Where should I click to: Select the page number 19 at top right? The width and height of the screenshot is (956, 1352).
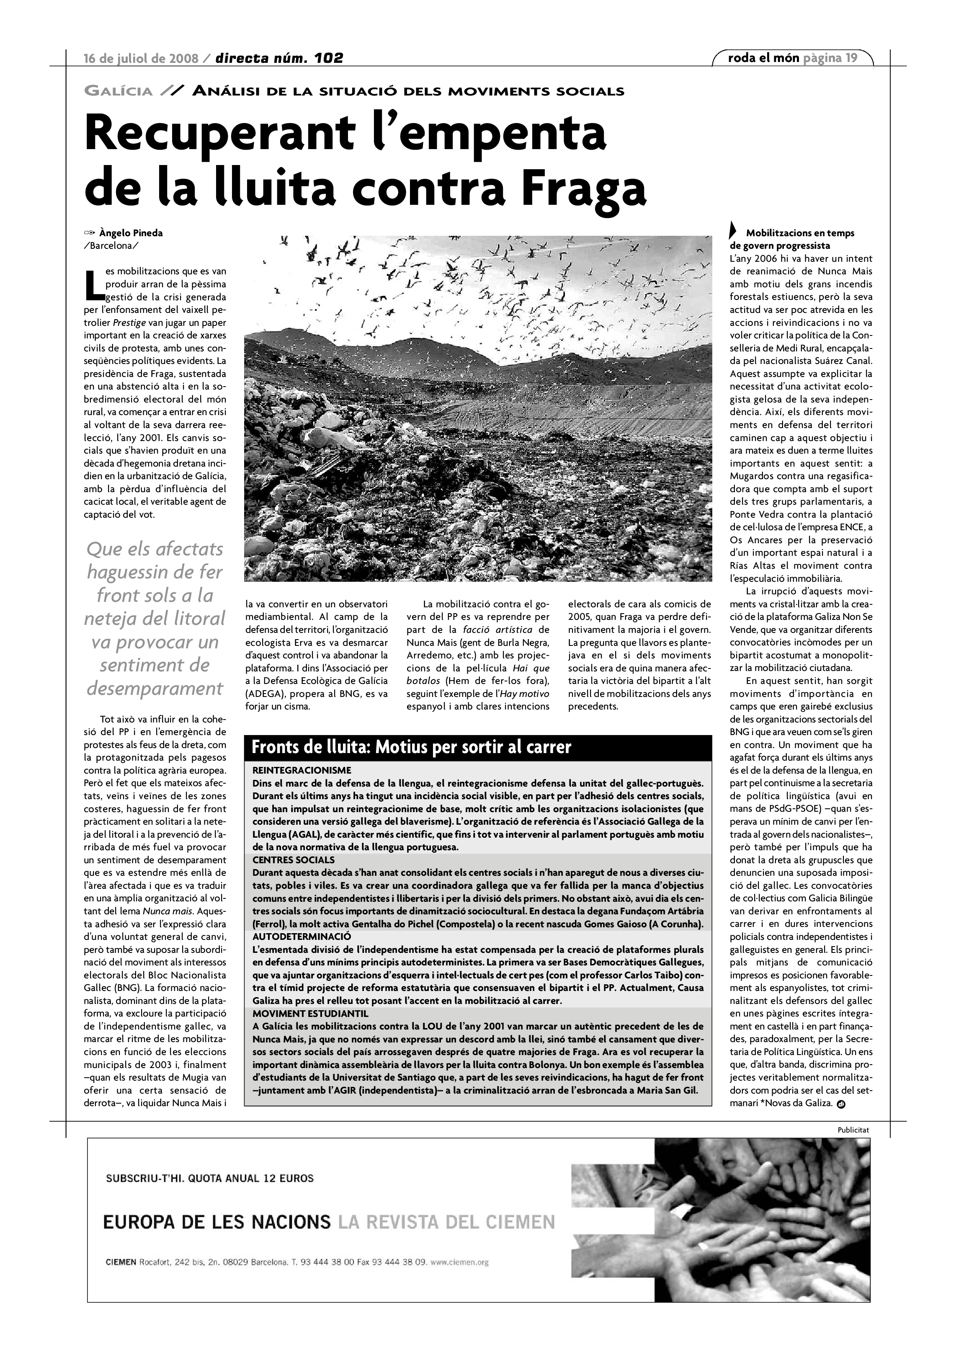coord(851,58)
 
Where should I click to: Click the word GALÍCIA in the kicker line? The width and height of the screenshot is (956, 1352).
coord(119,91)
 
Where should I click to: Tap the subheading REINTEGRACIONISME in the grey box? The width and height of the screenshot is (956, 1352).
coord(301,770)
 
